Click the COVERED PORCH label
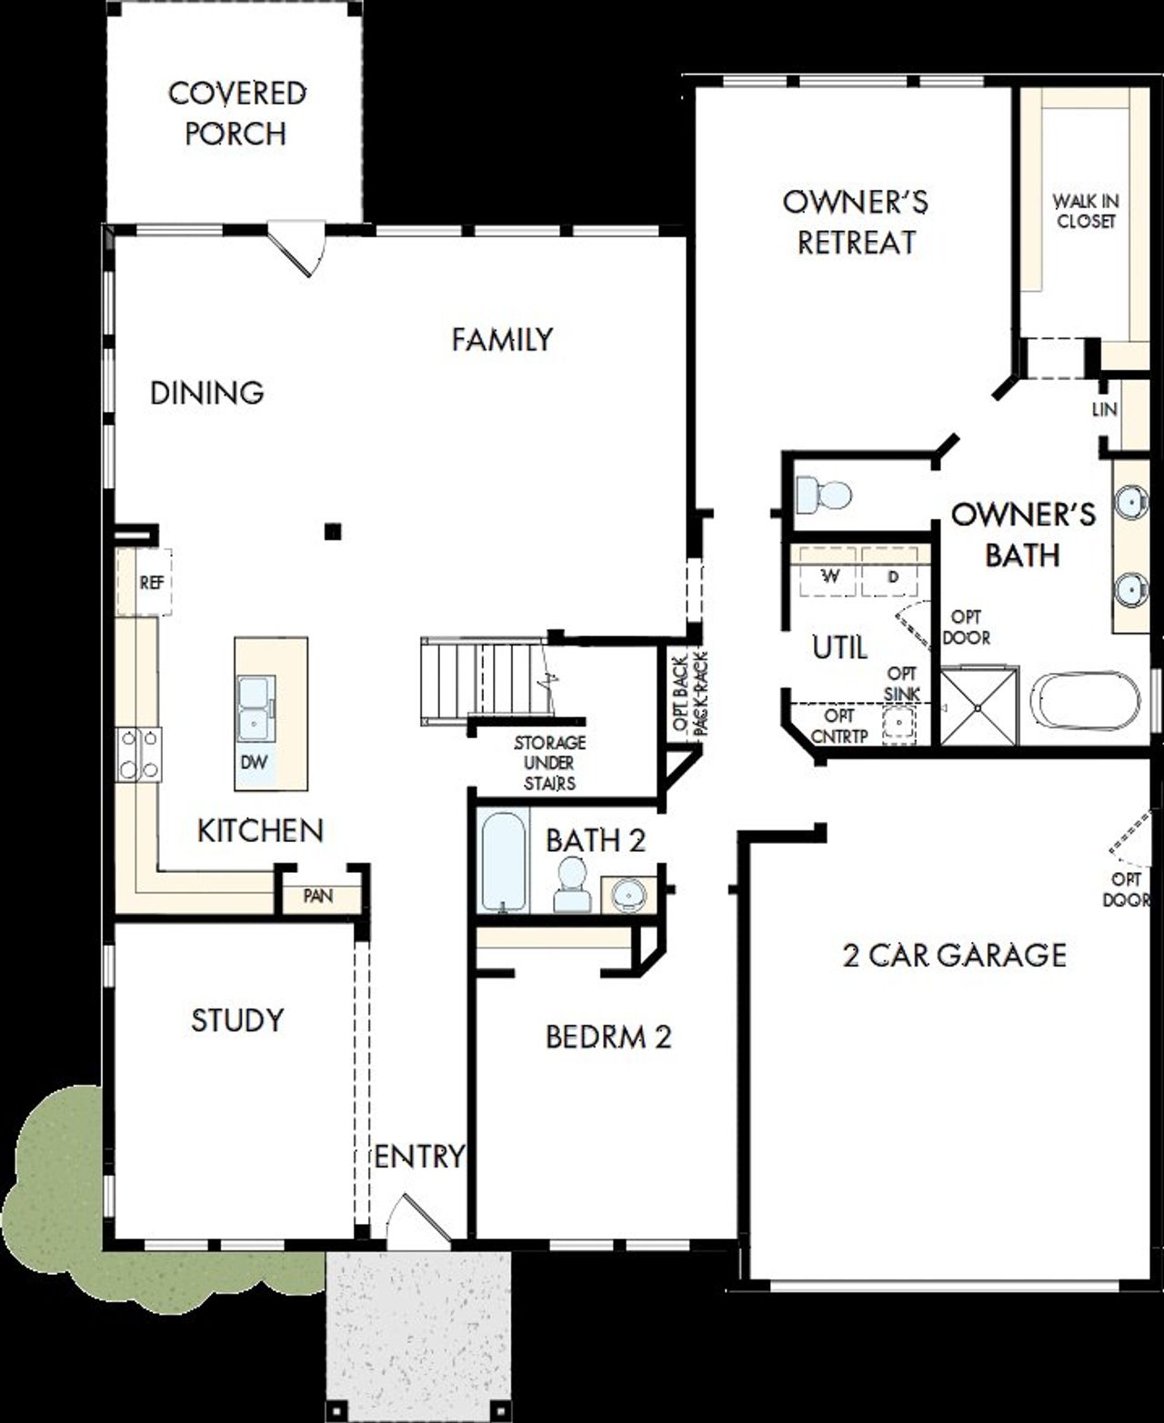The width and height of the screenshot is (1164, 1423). click(236, 113)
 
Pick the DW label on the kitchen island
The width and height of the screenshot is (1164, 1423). click(254, 762)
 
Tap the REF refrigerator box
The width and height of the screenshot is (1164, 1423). click(150, 583)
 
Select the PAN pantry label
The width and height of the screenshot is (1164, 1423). click(317, 897)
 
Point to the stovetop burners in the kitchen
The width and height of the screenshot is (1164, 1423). click(138, 755)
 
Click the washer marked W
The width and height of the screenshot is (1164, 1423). click(829, 576)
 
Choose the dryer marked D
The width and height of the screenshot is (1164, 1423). click(893, 576)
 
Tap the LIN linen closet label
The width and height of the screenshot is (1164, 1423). click(1104, 410)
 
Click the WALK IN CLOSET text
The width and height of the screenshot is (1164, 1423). click(1086, 211)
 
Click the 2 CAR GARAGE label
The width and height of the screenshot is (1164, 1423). click(954, 956)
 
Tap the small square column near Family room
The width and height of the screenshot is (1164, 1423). click(334, 531)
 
